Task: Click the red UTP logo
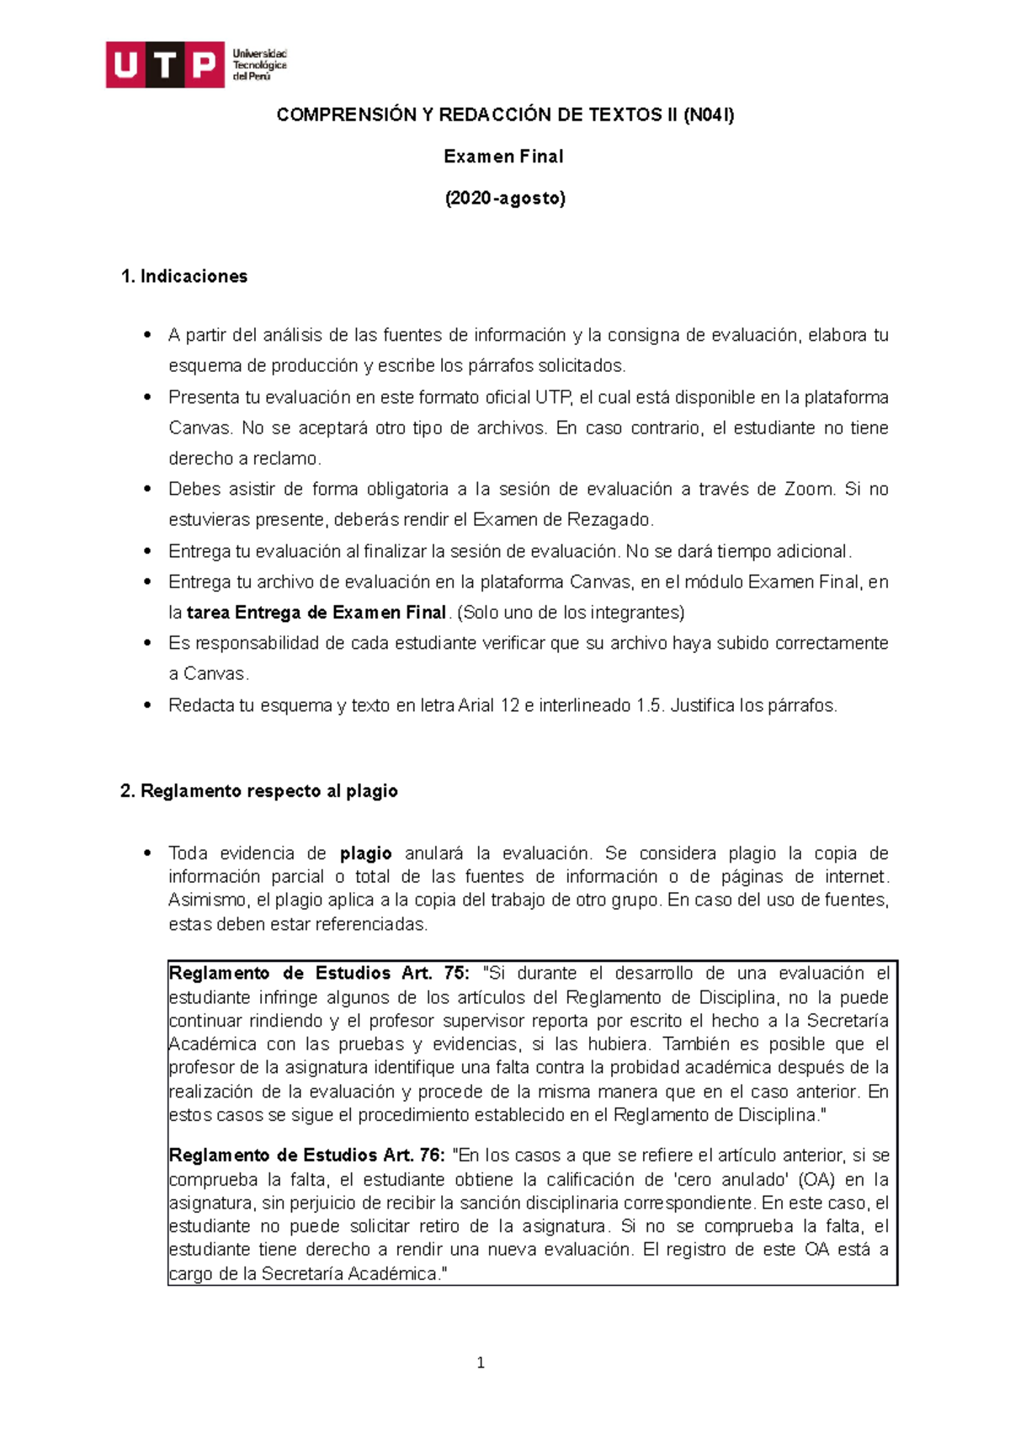pos(165,65)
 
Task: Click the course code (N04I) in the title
pos(708,115)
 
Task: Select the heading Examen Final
pos(503,157)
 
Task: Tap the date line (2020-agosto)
pos(504,199)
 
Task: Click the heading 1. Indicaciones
pos(184,277)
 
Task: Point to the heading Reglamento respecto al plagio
pos(259,791)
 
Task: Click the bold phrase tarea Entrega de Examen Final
pos(316,613)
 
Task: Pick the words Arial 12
pos(489,705)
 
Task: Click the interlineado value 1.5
pos(649,705)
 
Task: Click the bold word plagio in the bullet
pos(365,853)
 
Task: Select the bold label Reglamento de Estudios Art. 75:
pos(319,974)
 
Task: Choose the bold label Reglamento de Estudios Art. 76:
pos(306,1155)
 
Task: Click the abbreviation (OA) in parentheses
pos(816,1180)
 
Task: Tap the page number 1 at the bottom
pos(481,1363)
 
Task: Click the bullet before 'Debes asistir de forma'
pos(147,489)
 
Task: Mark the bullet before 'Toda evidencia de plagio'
pos(147,853)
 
